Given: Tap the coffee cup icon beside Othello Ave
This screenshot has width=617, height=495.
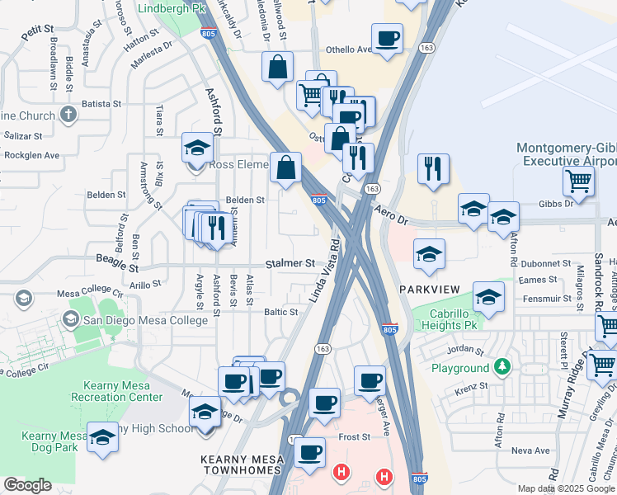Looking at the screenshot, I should pyautogui.click(x=388, y=38).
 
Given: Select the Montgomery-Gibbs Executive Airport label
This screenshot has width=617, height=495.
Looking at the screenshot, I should pyautogui.click(x=566, y=154).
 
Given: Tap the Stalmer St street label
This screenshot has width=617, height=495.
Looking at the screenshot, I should pyautogui.click(x=290, y=264).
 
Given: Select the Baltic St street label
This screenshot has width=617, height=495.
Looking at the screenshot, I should pyautogui.click(x=280, y=312).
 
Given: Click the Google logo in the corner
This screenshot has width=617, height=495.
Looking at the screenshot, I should pyautogui.click(x=27, y=485).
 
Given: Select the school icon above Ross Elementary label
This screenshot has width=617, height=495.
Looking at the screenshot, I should pyautogui.click(x=197, y=148).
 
